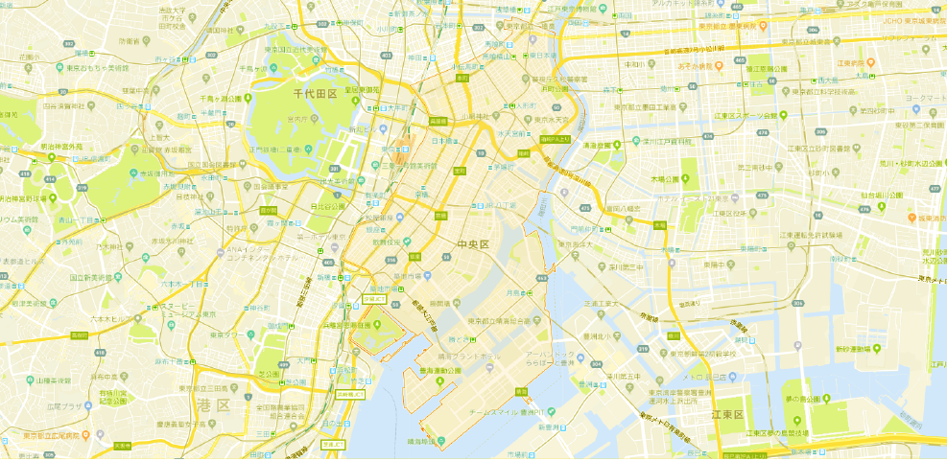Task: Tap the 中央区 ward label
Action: point(473,244)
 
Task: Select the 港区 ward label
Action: point(212,406)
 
